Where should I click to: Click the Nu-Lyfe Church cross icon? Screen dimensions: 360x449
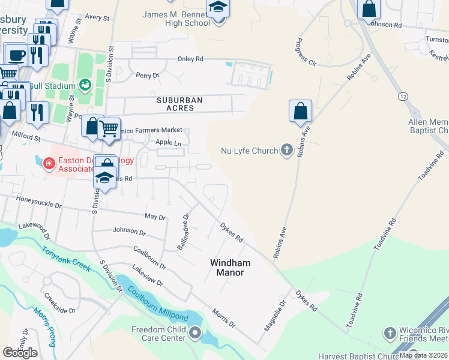[287, 150]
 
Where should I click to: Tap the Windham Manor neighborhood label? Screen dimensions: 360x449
[230, 268]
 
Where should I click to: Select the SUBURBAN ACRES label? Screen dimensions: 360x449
[179, 104]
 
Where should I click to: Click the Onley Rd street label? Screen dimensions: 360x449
[190, 59]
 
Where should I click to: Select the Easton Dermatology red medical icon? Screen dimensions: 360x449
[49, 163]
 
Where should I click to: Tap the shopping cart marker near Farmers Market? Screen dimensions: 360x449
[109, 128]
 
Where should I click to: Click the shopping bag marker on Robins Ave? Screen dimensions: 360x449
[300, 111]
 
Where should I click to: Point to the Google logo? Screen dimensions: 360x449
[20, 352]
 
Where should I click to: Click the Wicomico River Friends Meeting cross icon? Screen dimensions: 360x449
[390, 332]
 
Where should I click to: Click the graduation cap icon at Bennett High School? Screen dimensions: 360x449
[218, 8]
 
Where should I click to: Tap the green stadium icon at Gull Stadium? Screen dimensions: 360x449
[86, 85]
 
